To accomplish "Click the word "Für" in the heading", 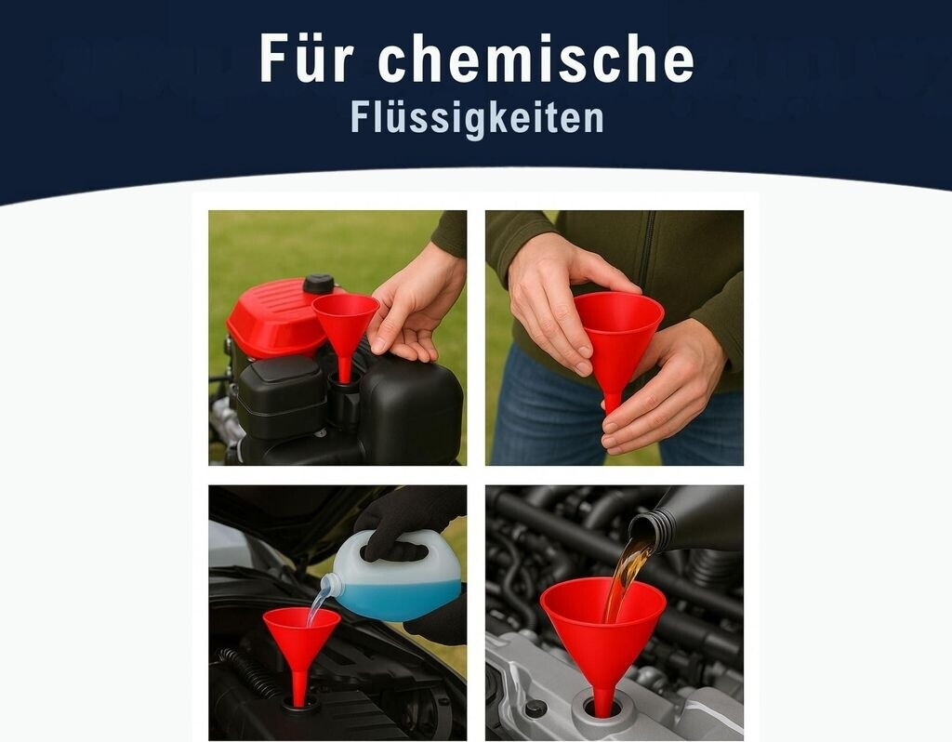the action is (306, 59).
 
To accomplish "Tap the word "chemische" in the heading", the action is (536, 59).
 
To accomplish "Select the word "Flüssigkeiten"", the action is (477, 118).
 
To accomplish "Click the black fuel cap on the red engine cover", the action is (319, 284).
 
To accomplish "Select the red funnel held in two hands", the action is (618, 340).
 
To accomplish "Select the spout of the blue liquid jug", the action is (328, 586).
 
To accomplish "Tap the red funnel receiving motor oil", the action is (602, 626).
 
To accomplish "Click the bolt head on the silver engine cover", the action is (535, 709).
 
